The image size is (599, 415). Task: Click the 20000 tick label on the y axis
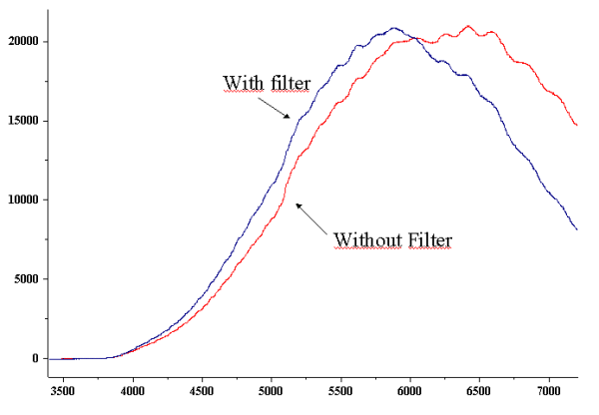click(x=21, y=41)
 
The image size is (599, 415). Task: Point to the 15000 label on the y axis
click(x=21, y=121)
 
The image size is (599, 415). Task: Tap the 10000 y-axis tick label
click(x=21, y=200)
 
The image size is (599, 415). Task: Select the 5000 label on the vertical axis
click(x=24, y=279)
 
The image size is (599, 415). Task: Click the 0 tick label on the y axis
click(x=35, y=358)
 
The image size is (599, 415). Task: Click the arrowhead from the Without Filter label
click(x=297, y=205)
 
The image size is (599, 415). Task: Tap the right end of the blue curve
click(x=577, y=229)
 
